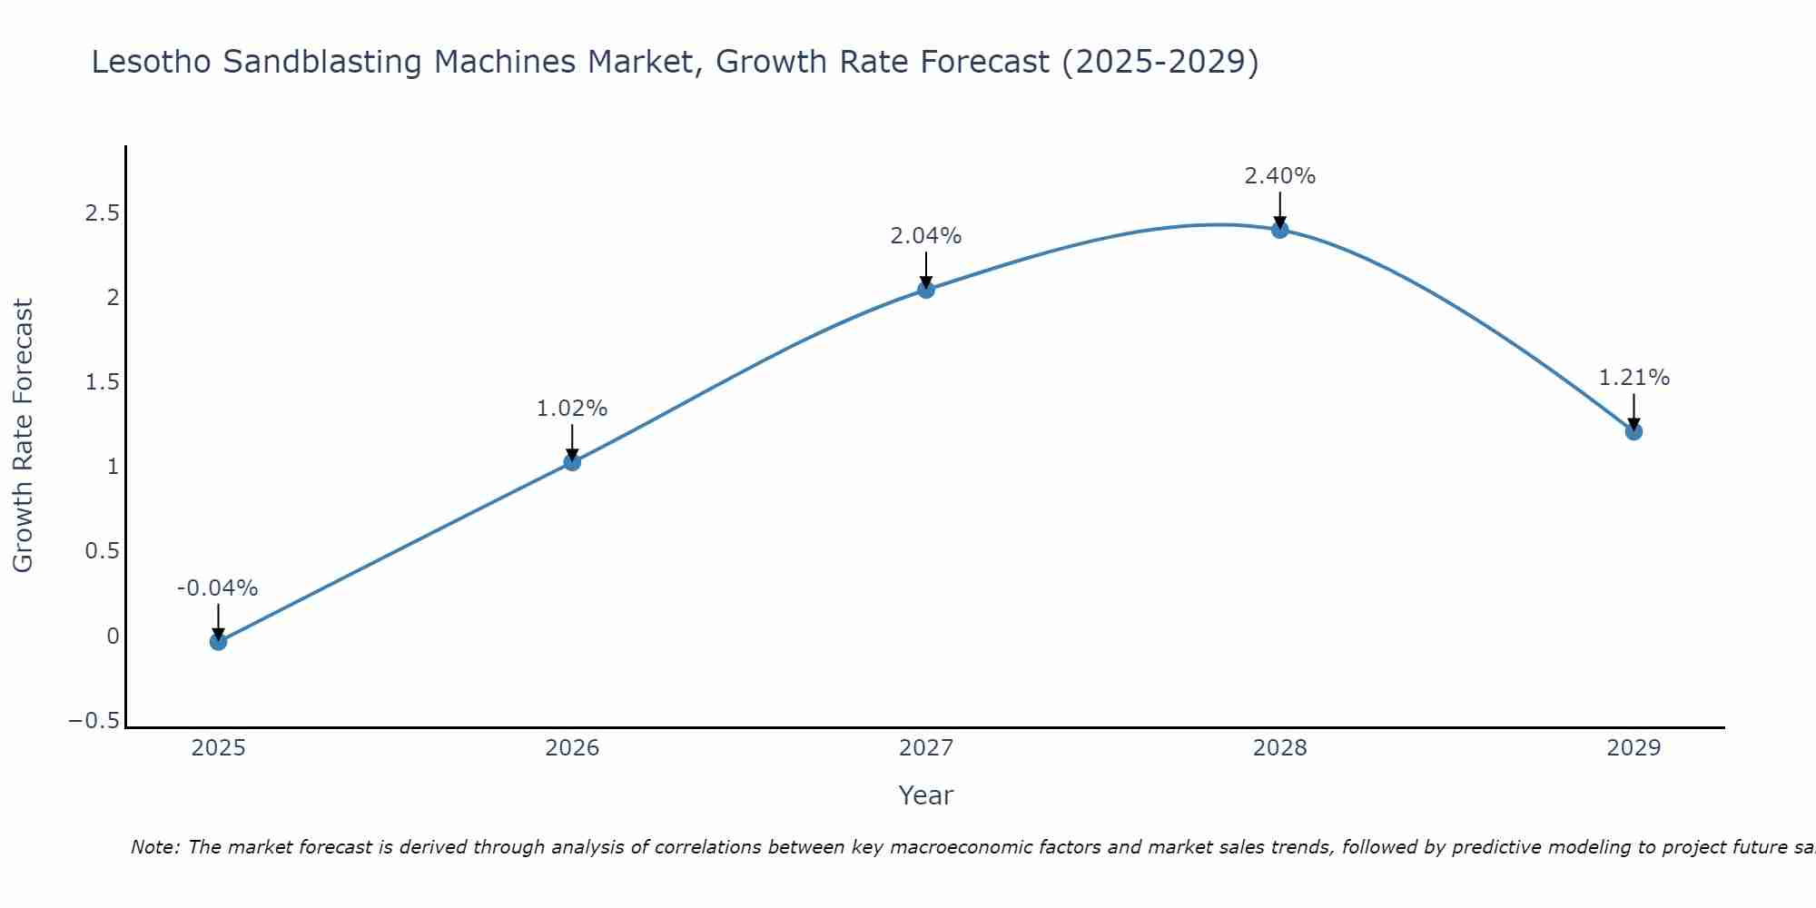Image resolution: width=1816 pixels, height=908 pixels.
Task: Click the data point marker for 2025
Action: click(218, 642)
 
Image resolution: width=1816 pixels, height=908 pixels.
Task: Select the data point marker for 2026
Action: click(572, 462)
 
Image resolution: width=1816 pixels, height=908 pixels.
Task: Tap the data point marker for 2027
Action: click(926, 290)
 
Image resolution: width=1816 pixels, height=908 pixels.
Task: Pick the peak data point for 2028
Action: click(1280, 230)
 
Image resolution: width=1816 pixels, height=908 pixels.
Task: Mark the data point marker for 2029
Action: click(1633, 431)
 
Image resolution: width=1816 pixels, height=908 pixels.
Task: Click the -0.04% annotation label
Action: click(218, 588)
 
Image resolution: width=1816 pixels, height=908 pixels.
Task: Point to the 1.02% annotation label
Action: click(572, 409)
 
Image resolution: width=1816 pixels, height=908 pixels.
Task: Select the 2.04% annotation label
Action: click(926, 236)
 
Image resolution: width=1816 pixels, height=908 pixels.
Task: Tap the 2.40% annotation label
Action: click(1280, 176)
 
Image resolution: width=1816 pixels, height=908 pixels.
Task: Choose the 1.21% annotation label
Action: click(1633, 378)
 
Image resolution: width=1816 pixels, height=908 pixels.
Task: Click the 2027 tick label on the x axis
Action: click(926, 748)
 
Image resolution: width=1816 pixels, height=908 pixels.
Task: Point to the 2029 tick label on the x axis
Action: click(1633, 748)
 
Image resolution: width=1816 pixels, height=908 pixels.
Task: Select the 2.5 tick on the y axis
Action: click(103, 213)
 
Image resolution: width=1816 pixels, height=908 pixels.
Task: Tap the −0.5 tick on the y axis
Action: click(94, 721)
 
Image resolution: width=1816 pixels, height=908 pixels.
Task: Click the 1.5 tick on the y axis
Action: click(103, 382)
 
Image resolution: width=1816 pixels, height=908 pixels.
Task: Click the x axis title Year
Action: click(925, 796)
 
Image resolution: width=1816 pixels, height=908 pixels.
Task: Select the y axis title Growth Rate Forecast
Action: click(23, 436)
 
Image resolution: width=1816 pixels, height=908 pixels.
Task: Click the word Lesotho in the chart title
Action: click(153, 63)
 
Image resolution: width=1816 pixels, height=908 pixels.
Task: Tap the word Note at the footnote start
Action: click(154, 848)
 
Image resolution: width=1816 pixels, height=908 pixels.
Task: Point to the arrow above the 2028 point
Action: click(1280, 209)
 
